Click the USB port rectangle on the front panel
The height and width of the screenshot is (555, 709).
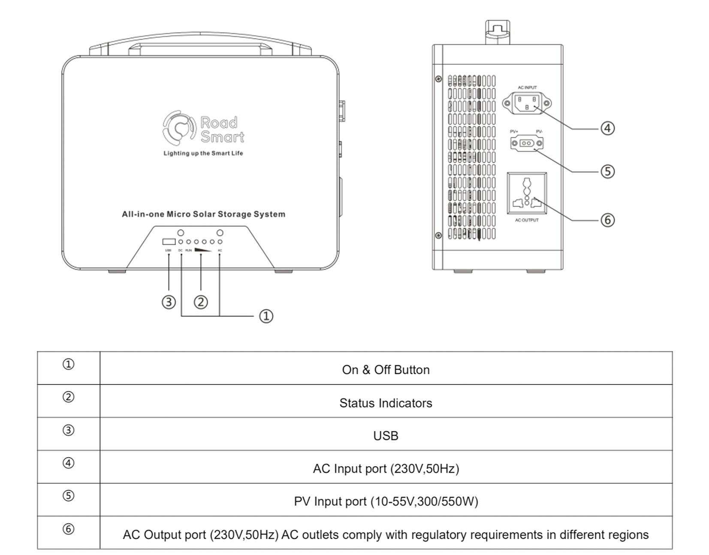(x=169, y=242)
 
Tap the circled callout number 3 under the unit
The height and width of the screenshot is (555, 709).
(x=169, y=302)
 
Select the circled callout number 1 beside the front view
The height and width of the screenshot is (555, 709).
(x=266, y=316)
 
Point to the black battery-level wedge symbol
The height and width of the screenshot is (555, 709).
(x=203, y=250)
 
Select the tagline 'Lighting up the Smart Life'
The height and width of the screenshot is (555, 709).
(x=203, y=153)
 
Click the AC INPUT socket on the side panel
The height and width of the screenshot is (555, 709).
(x=527, y=103)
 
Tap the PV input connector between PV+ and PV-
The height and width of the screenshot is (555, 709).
(x=527, y=143)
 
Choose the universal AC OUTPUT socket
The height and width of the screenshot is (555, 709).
(x=527, y=193)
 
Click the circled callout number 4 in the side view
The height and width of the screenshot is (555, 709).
(x=607, y=128)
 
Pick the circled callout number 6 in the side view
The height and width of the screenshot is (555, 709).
(x=607, y=220)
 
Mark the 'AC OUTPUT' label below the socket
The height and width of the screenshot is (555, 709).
(x=527, y=220)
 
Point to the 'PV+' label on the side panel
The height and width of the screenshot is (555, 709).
(x=514, y=131)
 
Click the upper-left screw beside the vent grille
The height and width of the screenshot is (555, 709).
(x=438, y=79)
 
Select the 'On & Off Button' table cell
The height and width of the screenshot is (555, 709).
(x=386, y=370)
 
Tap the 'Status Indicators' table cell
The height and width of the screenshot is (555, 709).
(x=386, y=403)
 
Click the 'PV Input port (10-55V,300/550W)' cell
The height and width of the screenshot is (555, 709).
(x=386, y=501)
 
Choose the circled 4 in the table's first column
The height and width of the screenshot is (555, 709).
(x=69, y=463)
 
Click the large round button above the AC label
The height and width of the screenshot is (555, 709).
(x=220, y=233)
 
